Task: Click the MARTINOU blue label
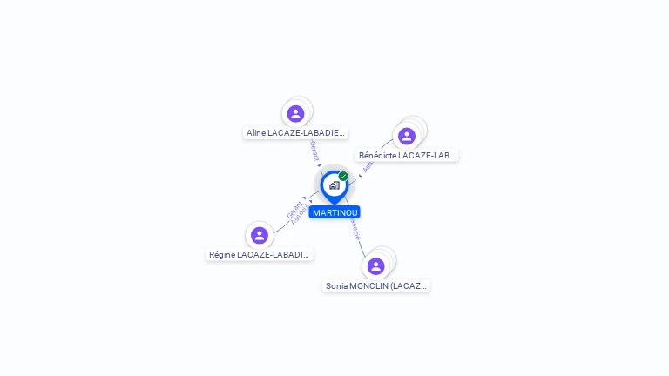coord(334,212)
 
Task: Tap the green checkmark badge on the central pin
coord(343,177)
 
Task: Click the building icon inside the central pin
coord(334,185)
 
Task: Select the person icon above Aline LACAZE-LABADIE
coord(295,113)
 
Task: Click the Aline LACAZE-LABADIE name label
coord(295,133)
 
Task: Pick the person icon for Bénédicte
coord(406,136)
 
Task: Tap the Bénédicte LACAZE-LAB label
coord(407,156)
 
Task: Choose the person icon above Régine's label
coord(259,235)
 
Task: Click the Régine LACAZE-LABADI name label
coord(259,255)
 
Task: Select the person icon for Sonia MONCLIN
coord(375,265)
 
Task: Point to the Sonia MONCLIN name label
coord(376,285)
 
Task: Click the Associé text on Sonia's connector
coord(355,228)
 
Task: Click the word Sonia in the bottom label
coord(336,285)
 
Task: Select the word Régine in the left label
coord(222,255)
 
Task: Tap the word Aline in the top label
coord(256,133)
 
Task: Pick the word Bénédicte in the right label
coord(378,156)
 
